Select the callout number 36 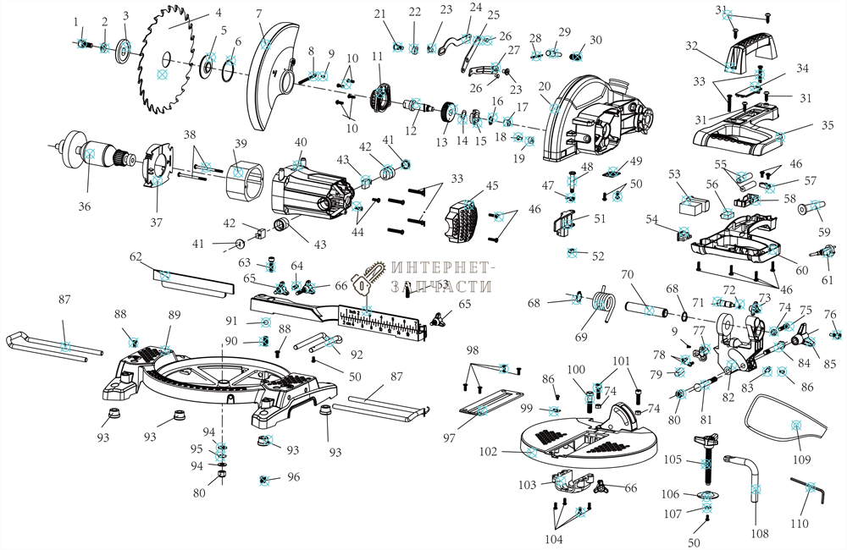[x=83, y=206]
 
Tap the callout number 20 [x=544, y=86]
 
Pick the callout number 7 [x=259, y=14]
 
